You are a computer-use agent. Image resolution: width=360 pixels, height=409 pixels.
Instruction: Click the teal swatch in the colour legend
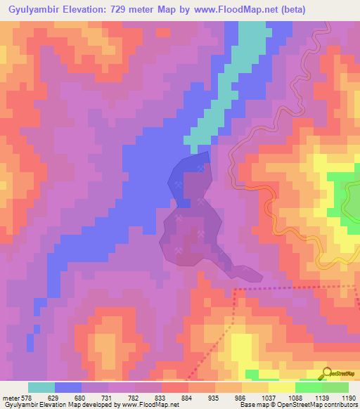tap(41, 387)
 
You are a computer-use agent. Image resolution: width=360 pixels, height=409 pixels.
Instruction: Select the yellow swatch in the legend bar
tap(281, 387)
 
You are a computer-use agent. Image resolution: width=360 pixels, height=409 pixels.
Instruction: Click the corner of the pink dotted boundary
tap(234, 288)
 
